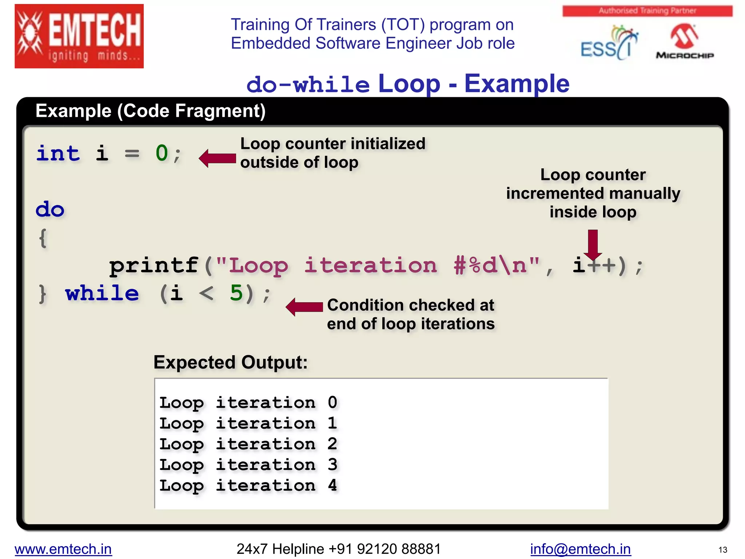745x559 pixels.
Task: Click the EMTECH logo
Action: point(79,36)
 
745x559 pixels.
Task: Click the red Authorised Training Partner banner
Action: point(647,11)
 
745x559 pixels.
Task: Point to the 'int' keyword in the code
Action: point(58,153)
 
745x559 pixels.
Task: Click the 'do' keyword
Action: point(50,210)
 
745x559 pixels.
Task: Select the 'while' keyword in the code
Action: point(102,293)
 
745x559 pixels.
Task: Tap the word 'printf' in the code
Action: point(154,265)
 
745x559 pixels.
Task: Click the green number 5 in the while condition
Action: point(236,293)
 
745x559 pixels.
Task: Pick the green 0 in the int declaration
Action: point(162,153)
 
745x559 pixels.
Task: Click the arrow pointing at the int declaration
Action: point(218,158)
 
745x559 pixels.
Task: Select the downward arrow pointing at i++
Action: point(593,244)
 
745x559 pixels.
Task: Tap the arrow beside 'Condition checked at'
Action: point(304,307)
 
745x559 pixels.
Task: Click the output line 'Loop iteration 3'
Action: point(248,465)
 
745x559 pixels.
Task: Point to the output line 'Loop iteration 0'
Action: point(248,403)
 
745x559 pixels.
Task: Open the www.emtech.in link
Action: point(63,549)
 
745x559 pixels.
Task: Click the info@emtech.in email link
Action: point(580,549)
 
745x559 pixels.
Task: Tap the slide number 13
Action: point(722,550)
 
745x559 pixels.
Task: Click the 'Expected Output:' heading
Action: point(231,362)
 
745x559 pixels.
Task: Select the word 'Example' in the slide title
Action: point(517,84)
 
